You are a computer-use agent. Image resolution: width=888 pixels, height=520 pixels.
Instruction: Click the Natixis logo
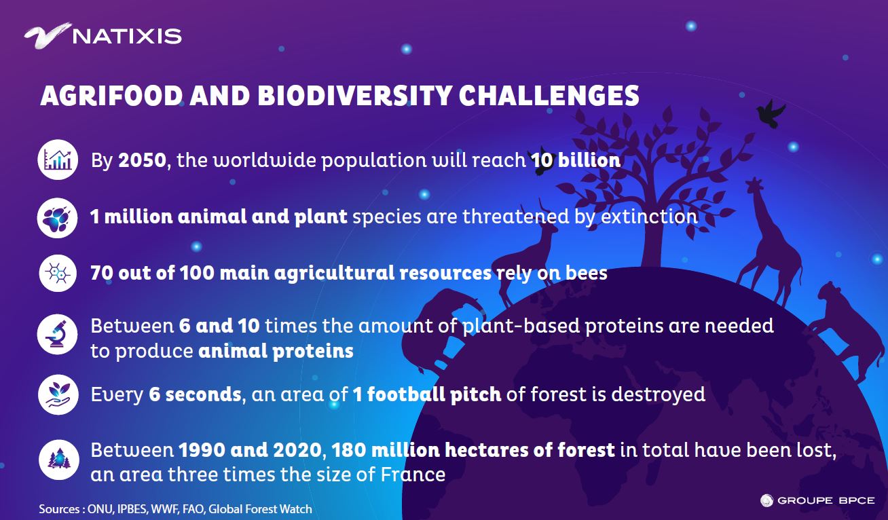(x=103, y=36)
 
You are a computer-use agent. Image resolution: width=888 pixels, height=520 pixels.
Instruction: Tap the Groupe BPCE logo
(x=817, y=500)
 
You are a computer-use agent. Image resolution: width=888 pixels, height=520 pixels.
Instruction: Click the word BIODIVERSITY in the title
(x=355, y=96)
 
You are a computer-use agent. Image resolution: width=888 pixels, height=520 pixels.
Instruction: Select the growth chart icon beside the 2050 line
(x=58, y=160)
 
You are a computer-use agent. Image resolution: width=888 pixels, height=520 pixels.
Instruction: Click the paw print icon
(x=58, y=218)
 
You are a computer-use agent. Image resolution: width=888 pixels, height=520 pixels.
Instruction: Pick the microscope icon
(x=58, y=334)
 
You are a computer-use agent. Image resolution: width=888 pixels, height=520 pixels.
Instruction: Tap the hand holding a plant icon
(x=58, y=395)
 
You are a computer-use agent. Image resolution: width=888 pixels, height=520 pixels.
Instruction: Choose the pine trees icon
(x=58, y=460)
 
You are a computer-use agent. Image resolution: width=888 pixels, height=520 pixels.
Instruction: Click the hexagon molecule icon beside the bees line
(x=58, y=273)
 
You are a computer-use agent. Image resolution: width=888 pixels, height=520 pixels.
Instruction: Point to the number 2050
(x=142, y=160)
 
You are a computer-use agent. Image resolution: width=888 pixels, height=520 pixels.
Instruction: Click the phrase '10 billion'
(x=576, y=160)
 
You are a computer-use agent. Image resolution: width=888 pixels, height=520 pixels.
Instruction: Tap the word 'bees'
(x=587, y=273)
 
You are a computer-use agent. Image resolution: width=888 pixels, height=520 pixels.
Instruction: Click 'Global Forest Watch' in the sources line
(x=260, y=509)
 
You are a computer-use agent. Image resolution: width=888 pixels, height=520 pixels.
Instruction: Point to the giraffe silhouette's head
(x=754, y=186)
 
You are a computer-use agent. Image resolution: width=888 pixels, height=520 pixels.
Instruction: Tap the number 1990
(x=202, y=450)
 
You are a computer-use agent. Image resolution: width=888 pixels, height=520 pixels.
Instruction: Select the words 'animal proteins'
(x=276, y=351)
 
